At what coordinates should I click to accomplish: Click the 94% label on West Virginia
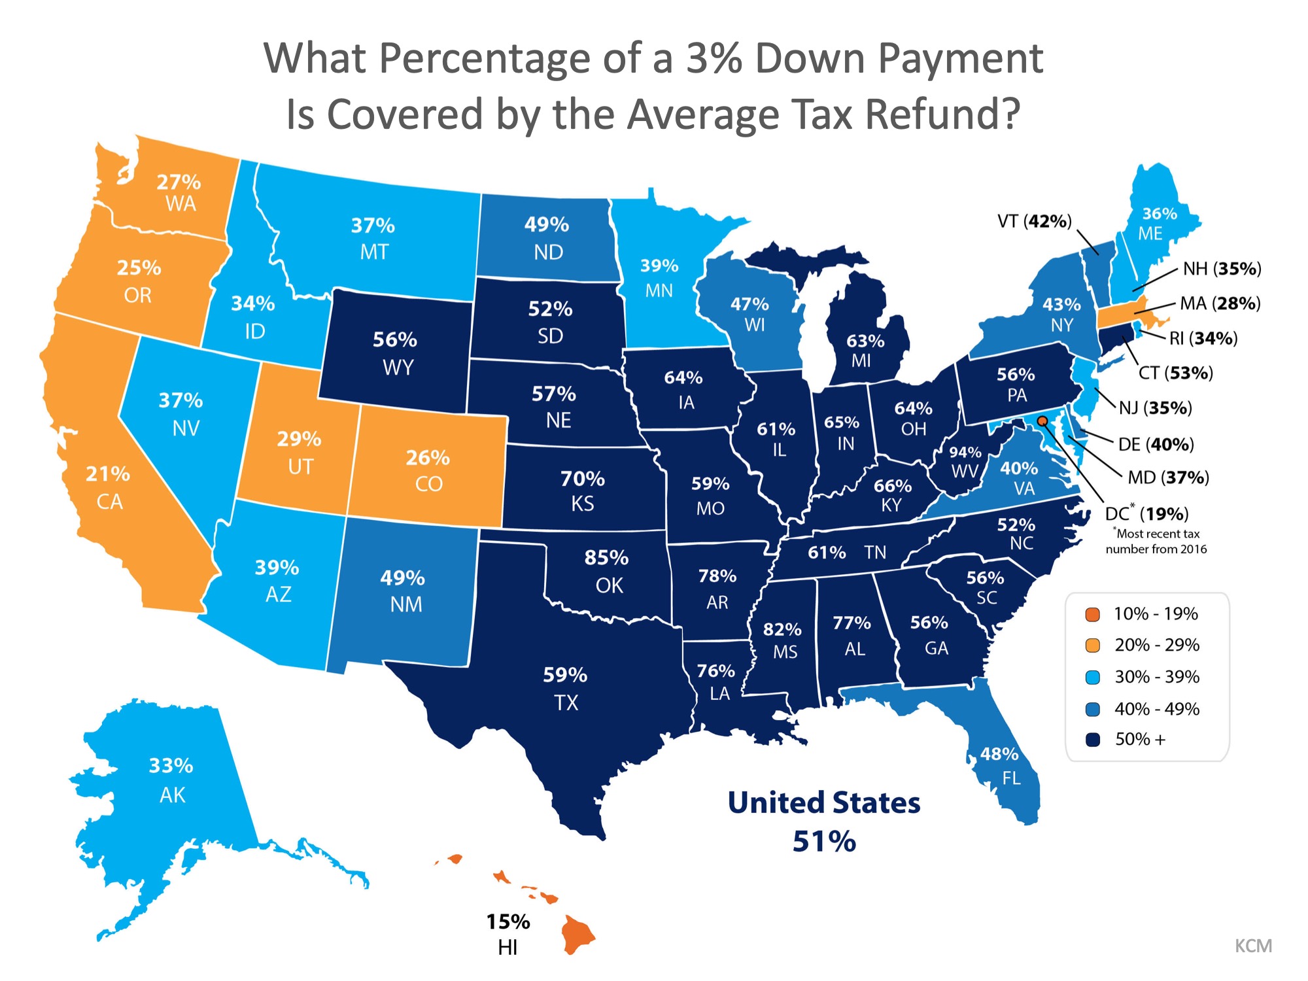[965, 453]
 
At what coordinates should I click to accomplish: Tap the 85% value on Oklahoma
[606, 558]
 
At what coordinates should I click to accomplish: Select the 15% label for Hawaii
[508, 921]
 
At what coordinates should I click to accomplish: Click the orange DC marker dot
[1042, 421]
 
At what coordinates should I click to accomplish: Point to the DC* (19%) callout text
[1146, 514]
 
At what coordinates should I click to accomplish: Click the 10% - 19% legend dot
[1092, 615]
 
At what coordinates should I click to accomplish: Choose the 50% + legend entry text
[1140, 739]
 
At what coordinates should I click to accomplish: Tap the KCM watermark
[1253, 946]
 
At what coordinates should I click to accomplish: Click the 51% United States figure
[824, 841]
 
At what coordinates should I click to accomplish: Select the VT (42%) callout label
[1035, 222]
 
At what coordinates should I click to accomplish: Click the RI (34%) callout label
[1203, 338]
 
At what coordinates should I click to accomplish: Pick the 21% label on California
[108, 473]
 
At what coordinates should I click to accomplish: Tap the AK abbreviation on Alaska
[173, 795]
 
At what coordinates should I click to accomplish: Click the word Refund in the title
[942, 114]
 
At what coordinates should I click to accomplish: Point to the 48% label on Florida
[999, 754]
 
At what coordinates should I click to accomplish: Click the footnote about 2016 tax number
[1156, 542]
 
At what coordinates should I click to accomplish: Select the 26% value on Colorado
[428, 458]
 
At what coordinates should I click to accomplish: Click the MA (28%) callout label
[1220, 303]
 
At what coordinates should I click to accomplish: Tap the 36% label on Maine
[1160, 214]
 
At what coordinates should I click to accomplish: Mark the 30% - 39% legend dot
[1092, 678]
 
